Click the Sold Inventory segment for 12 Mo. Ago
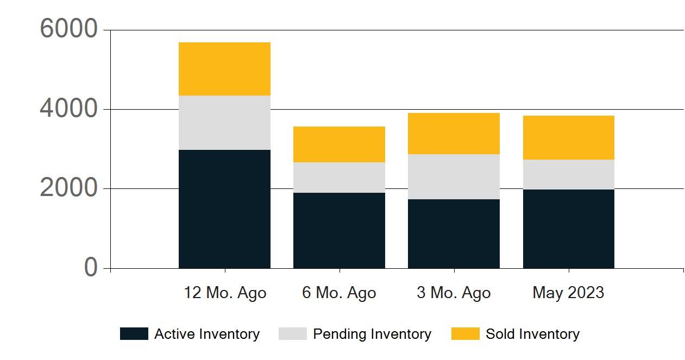tap(224, 69)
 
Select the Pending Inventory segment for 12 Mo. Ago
tap(224, 123)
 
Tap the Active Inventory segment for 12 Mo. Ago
tap(224, 209)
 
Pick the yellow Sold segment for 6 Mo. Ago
tap(339, 144)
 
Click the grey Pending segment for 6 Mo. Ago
tap(339, 178)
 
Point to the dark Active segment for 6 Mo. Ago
tap(339, 231)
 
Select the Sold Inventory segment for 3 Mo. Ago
tap(454, 134)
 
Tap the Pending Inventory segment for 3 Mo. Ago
tap(454, 177)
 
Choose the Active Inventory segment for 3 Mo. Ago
tap(454, 234)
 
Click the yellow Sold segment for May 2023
tap(568, 138)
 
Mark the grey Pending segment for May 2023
tap(568, 175)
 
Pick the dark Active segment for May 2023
tap(568, 229)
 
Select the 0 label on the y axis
tap(91, 268)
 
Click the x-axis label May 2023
tap(568, 293)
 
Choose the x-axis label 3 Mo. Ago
tap(454, 293)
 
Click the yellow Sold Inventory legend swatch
tap(465, 334)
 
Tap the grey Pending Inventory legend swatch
tap(293, 334)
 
